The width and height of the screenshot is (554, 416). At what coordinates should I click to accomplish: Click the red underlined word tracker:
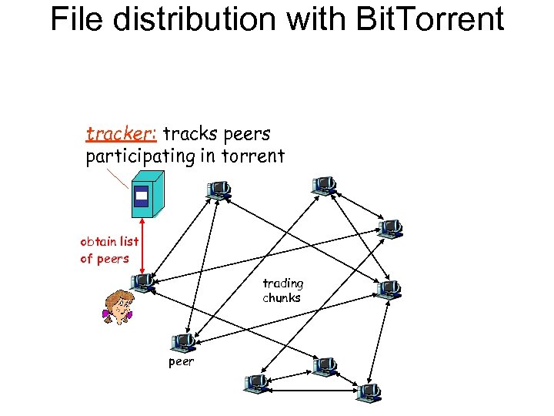(122, 135)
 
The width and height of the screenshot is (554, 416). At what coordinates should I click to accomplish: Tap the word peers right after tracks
(247, 135)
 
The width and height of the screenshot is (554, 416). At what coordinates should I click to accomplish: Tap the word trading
(282, 283)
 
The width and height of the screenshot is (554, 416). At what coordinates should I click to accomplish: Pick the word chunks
(282, 297)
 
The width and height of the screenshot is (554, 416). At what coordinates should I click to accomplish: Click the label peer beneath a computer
(181, 361)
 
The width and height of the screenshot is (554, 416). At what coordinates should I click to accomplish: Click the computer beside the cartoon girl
(142, 282)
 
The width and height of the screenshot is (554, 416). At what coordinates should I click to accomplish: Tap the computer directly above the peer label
(183, 341)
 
